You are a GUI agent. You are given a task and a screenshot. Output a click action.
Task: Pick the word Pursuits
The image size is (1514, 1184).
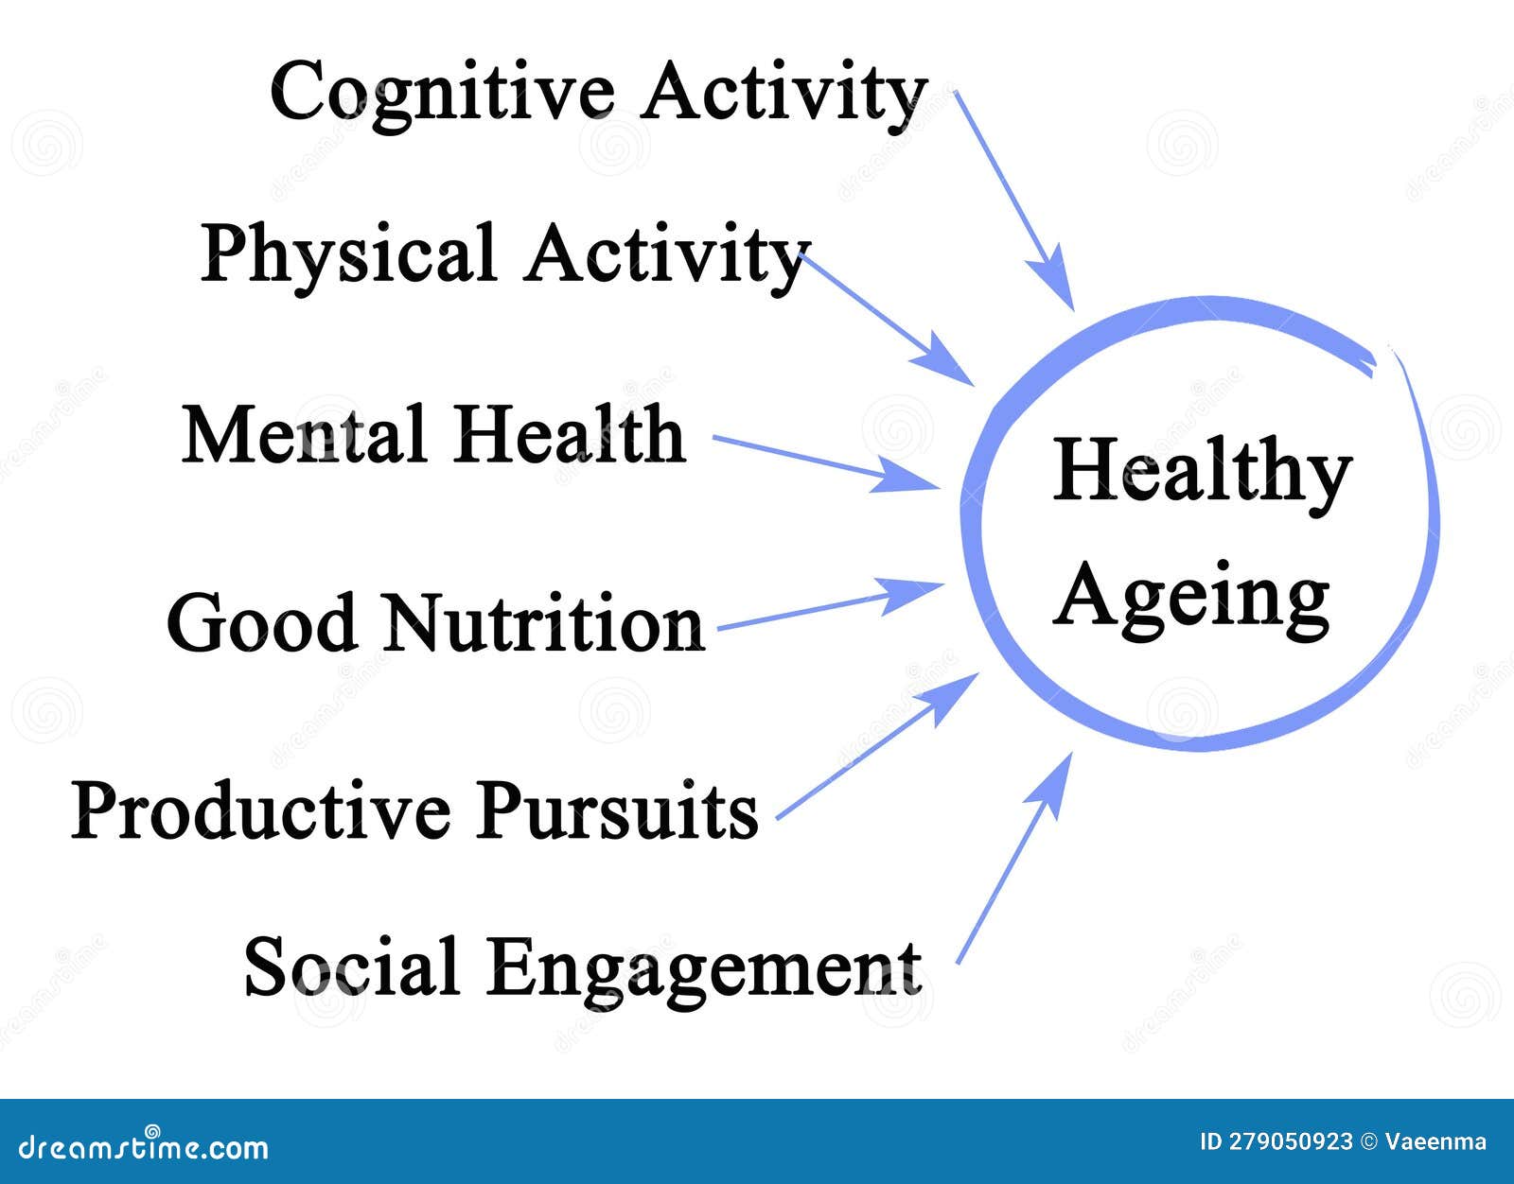[616, 811]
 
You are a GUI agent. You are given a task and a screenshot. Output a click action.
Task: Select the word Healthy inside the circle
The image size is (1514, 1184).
[1202, 473]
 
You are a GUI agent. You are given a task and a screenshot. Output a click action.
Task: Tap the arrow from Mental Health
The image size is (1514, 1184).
[823, 463]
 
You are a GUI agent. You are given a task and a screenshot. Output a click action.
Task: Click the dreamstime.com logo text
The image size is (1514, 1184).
[144, 1147]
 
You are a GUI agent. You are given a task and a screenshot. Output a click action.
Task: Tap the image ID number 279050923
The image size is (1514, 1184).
[1290, 1142]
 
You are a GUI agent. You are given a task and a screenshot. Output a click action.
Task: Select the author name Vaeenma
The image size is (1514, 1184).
[1435, 1142]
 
